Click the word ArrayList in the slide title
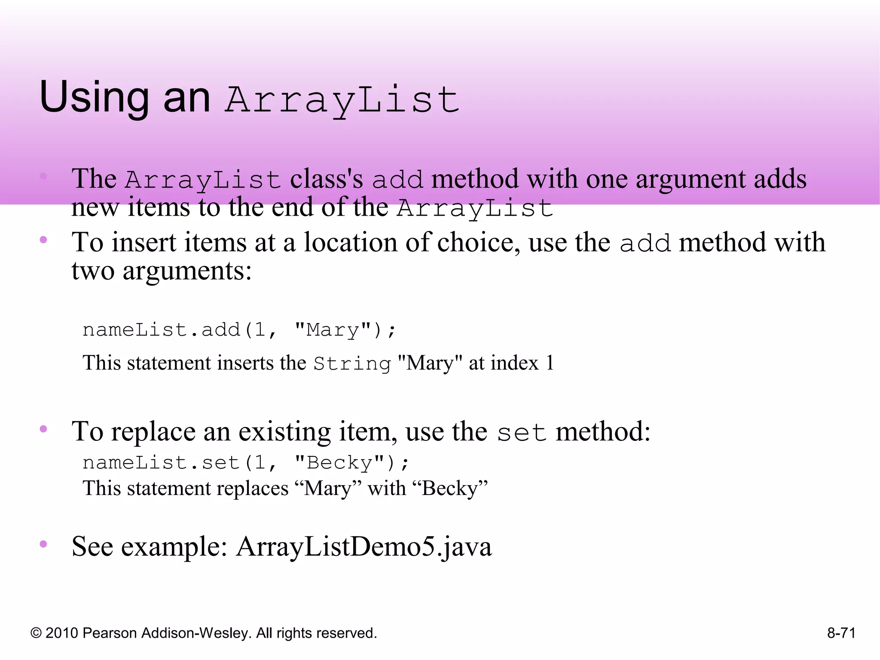[x=342, y=100]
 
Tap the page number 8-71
[x=841, y=633]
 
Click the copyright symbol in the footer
[x=36, y=633]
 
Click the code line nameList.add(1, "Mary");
[x=239, y=330]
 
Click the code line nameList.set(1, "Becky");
[x=246, y=463]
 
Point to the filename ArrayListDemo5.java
[x=364, y=547]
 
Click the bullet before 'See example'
[x=43, y=544]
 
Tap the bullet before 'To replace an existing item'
[x=43, y=429]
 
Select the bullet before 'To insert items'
[x=43, y=240]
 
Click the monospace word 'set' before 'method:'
[x=522, y=432]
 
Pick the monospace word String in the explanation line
[x=352, y=364]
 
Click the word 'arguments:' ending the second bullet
[x=187, y=271]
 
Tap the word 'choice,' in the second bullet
[x=477, y=243]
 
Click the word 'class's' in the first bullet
[x=326, y=179]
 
